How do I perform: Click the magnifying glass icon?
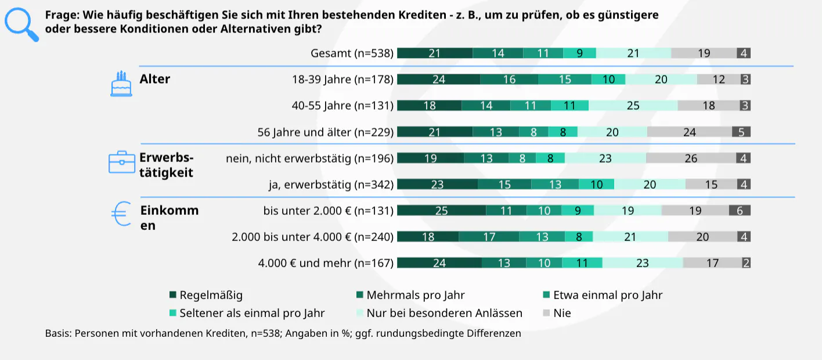tap(20, 24)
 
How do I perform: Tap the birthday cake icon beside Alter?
tap(121, 84)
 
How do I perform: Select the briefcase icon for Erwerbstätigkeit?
tap(121, 162)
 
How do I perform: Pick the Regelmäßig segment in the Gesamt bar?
tap(435, 53)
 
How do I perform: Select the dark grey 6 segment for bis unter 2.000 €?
tap(740, 210)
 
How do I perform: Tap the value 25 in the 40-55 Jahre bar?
tap(633, 106)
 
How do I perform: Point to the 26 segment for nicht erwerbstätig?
tap(691, 158)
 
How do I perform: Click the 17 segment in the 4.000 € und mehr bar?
tap(712, 262)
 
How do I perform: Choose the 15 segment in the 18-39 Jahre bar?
tap(565, 80)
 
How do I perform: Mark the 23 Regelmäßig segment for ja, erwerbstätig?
tap(437, 184)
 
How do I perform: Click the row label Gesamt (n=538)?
tap(352, 53)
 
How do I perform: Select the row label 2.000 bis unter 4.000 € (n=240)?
tap(312, 236)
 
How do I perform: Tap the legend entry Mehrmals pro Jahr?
tap(415, 295)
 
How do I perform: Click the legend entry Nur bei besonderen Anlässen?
tap(444, 313)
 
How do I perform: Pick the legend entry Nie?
tap(562, 313)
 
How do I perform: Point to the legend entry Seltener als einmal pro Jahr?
tap(252, 313)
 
